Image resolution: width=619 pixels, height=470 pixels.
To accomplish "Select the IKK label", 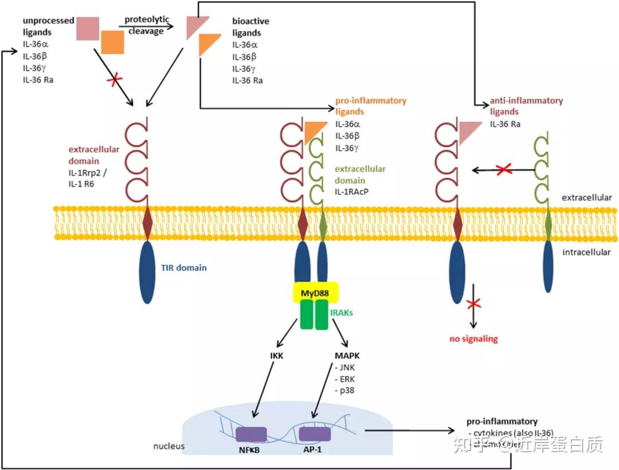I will [x=277, y=356].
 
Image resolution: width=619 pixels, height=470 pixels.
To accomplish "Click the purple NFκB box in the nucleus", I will [x=251, y=435].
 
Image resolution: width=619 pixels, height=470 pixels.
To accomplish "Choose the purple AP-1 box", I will [x=315, y=435].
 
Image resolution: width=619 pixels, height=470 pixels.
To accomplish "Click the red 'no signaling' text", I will [x=473, y=339].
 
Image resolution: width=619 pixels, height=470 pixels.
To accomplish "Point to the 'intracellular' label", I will [x=586, y=252].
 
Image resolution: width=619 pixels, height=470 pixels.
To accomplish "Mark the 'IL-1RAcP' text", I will [x=351, y=191].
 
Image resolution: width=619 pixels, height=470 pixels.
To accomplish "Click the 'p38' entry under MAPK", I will [x=344, y=391].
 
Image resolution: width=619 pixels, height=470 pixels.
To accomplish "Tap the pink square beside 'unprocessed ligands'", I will [x=88, y=29].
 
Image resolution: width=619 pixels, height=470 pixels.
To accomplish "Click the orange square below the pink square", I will [x=112, y=42].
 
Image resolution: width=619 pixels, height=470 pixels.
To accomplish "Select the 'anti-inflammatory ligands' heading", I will [x=526, y=106].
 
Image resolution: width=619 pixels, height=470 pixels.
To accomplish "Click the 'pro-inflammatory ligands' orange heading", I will [x=370, y=106].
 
